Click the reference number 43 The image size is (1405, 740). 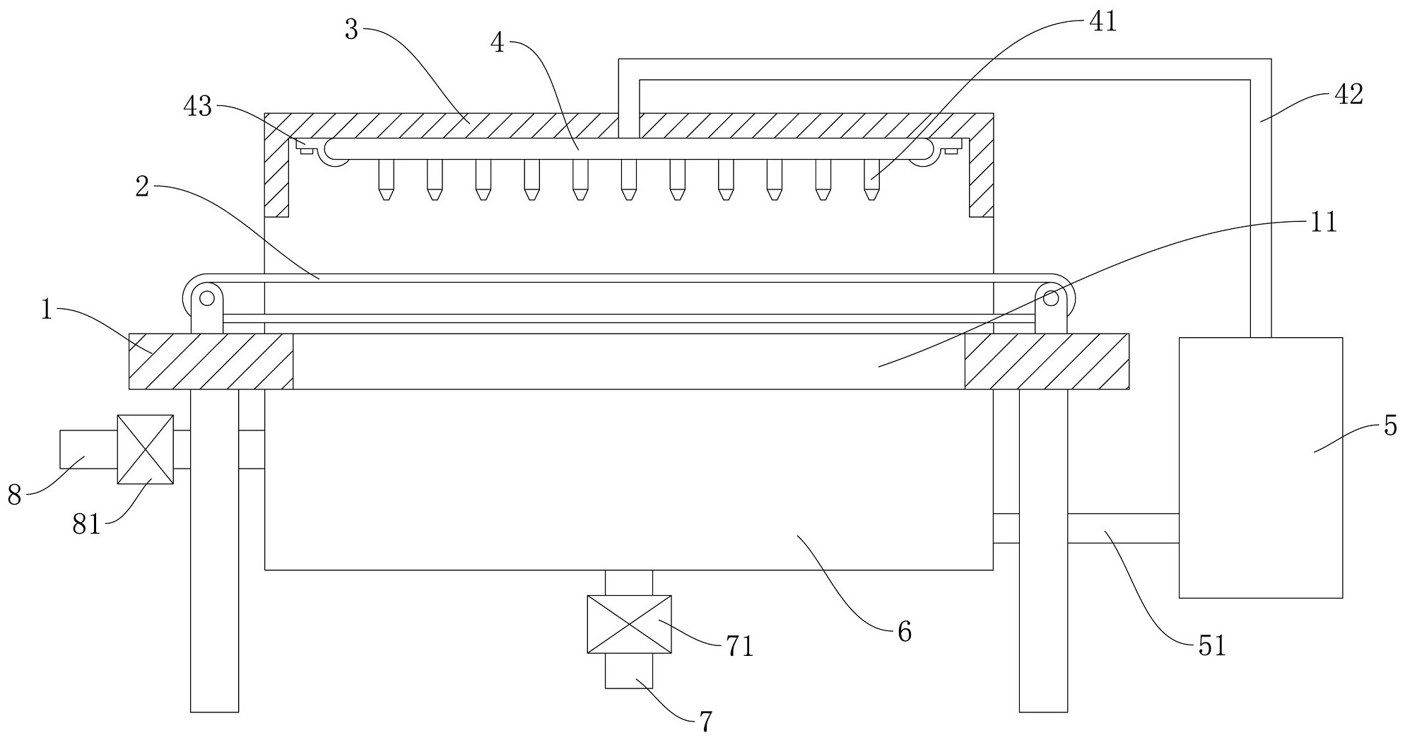(197, 107)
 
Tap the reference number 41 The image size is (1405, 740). (1102, 22)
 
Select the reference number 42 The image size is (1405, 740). (1348, 95)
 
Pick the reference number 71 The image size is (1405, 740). (739, 646)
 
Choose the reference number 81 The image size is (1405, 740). (87, 526)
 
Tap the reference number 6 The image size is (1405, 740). (905, 631)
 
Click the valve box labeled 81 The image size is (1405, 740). (145, 450)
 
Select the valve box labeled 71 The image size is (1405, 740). (629, 624)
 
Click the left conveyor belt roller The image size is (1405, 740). (206, 298)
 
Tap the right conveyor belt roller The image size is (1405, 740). (1051, 298)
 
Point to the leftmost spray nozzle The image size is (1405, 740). (385, 180)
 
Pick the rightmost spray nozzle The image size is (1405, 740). (871, 180)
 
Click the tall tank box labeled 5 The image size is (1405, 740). (1260, 468)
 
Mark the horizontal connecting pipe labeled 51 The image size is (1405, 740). (1122, 528)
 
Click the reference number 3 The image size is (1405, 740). (352, 29)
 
